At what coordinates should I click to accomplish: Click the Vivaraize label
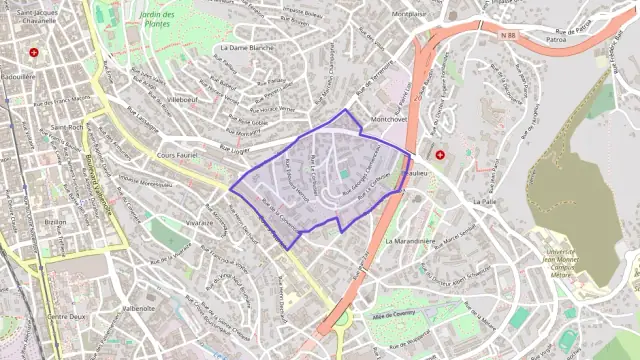point(199,223)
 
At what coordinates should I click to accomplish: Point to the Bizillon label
point(55,221)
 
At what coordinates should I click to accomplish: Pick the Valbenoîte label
point(137,309)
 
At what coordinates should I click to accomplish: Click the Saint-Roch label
point(66,128)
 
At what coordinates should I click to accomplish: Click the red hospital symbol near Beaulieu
point(439,155)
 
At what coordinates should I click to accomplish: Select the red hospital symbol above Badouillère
point(35,51)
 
